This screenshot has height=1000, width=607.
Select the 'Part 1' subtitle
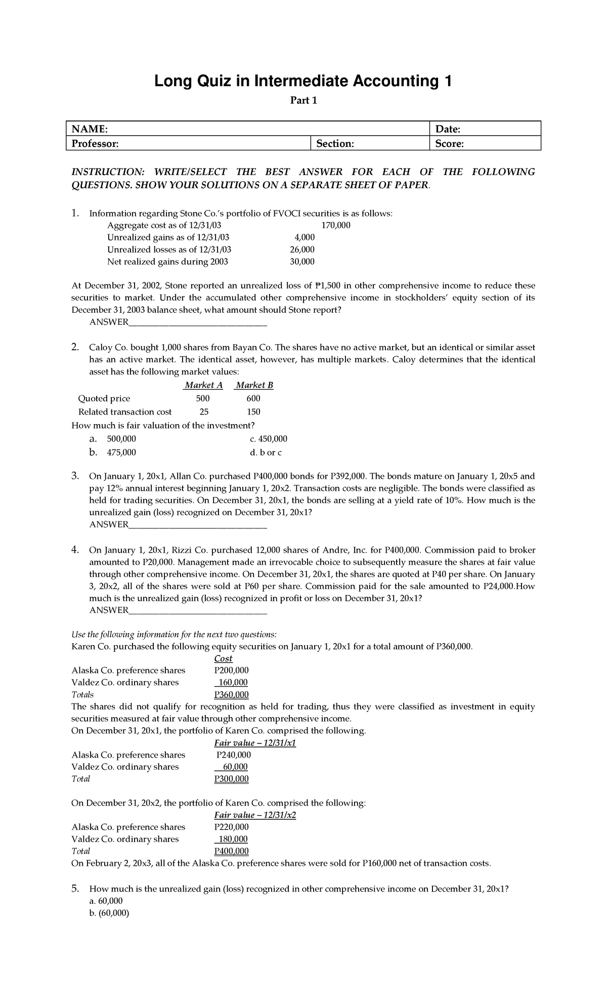pyautogui.click(x=303, y=101)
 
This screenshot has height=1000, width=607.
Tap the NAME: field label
pyautogui.click(x=90, y=129)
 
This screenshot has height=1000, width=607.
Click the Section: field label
pyautogui.click(x=335, y=144)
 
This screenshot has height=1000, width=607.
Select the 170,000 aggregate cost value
pyautogui.click(x=335, y=225)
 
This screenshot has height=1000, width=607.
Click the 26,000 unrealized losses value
pyautogui.click(x=303, y=249)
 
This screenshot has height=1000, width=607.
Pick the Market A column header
pyautogui.click(x=203, y=385)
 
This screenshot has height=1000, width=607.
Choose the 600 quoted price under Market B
pyautogui.click(x=253, y=398)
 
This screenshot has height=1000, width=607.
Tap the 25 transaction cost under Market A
pyautogui.click(x=204, y=412)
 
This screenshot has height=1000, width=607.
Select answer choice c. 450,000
pyautogui.click(x=268, y=439)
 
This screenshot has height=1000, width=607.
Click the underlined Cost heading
pyautogui.click(x=223, y=658)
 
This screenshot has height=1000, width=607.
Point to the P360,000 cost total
pyautogui.click(x=231, y=695)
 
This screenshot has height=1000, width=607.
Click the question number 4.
pyautogui.click(x=74, y=550)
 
